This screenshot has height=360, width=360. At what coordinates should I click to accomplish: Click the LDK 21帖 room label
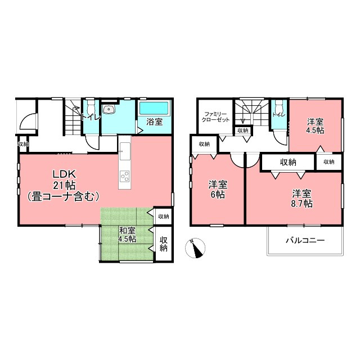pos(64,185)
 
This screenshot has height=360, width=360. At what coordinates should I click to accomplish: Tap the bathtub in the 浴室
pos(154,108)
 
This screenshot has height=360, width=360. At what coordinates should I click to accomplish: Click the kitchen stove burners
pos(125,176)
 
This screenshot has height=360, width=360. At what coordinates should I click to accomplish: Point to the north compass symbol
pos(195,248)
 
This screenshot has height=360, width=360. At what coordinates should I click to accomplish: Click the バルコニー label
pos(305,240)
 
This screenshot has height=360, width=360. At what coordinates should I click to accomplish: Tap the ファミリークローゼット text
pos(215,116)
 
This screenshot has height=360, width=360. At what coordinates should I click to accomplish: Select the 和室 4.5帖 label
pos(127,235)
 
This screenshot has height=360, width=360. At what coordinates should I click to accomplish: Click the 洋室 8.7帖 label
pos(301,199)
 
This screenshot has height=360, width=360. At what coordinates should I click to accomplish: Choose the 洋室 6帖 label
pos(218,190)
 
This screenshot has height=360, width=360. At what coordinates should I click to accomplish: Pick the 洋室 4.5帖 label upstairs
pos(315,125)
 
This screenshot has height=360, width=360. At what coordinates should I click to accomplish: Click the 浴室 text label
pos(154,122)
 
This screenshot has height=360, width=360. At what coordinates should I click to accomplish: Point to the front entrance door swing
pos(28,120)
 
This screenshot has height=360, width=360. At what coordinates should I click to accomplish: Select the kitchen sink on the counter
pos(125,151)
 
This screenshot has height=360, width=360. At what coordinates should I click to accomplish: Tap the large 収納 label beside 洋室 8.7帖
pos(288,163)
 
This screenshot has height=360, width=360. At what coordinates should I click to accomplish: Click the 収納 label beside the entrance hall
pos(23,144)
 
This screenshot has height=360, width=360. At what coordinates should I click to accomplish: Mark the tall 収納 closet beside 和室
pos(164,244)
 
